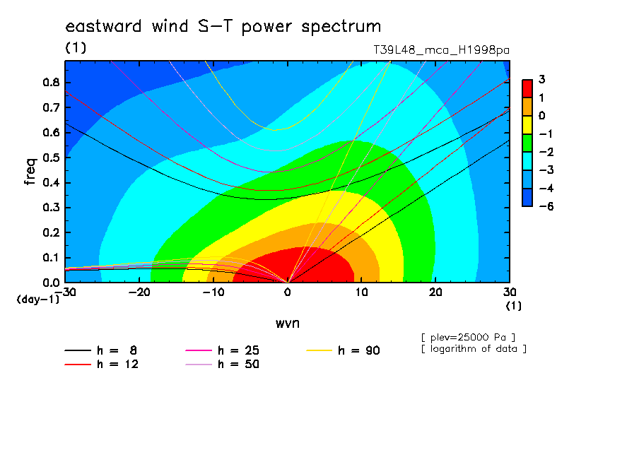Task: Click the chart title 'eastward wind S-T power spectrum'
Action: coord(223,26)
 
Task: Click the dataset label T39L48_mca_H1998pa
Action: coord(441,50)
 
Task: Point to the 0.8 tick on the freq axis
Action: coord(51,82)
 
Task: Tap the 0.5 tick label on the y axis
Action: coord(51,158)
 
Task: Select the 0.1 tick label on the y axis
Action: coord(51,258)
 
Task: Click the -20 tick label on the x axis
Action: coord(139,292)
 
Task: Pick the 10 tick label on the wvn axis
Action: coord(361,292)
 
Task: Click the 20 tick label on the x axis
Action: coord(435,292)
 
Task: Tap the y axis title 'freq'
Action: coord(30,172)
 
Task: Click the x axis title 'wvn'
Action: coord(287,324)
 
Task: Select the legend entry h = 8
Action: coord(100,350)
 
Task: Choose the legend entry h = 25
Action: coord(222,350)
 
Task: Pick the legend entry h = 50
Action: coord(222,365)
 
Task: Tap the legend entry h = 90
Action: coord(343,350)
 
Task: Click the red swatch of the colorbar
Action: coord(527,89)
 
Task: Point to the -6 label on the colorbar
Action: coord(546,206)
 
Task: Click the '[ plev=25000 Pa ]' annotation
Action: coord(468,338)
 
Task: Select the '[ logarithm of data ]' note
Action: coord(474,349)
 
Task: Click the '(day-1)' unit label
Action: coord(37,300)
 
